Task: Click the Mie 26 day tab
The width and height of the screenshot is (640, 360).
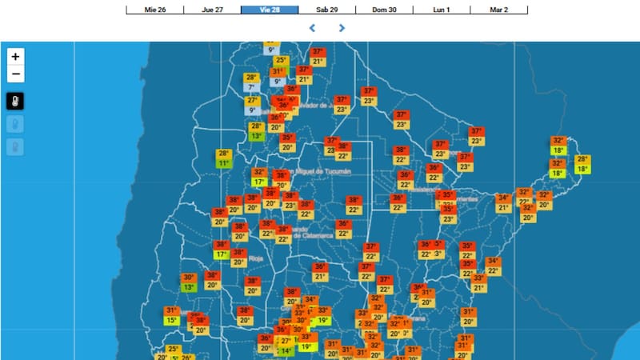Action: tap(155, 10)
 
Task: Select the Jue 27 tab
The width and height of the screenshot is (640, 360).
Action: tap(213, 10)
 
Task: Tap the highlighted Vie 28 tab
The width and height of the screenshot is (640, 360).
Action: tap(270, 10)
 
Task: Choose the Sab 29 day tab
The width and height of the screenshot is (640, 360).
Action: tap(327, 10)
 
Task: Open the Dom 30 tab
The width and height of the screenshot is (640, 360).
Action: tap(385, 10)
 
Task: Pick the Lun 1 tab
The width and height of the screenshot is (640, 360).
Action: tap(442, 10)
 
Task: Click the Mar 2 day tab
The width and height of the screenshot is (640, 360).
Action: tap(498, 10)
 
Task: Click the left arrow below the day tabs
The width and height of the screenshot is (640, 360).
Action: tap(313, 28)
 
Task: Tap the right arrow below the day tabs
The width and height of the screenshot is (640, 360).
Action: tap(342, 28)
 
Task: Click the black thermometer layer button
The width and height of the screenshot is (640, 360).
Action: tap(16, 102)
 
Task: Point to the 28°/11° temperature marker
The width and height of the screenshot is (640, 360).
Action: tap(224, 158)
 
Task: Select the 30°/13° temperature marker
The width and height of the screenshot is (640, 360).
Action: tap(189, 282)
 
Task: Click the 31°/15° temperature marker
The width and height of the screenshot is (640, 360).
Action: tap(171, 316)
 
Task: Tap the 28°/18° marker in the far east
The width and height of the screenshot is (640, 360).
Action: tap(582, 164)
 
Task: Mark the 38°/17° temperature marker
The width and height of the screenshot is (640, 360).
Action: tap(222, 250)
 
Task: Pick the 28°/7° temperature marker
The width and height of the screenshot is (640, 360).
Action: tap(251, 82)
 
